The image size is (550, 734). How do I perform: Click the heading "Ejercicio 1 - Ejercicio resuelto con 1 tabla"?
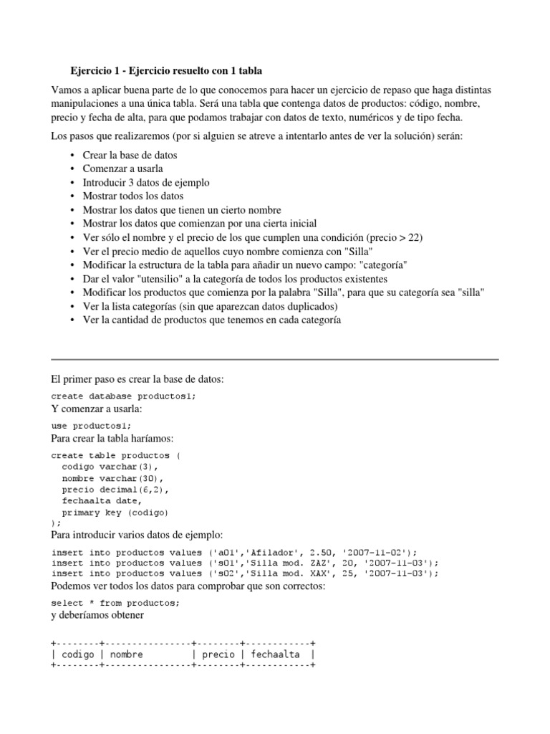click(171, 71)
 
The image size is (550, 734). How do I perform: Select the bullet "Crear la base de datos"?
click(130, 156)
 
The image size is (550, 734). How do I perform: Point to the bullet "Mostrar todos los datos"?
click(133, 196)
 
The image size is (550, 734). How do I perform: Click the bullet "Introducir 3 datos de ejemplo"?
click(146, 183)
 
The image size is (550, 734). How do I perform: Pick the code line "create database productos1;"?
click(123, 396)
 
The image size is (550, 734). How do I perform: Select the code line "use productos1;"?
click(92, 426)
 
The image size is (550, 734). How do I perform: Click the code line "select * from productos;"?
click(116, 603)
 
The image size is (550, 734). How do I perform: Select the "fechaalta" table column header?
click(276, 654)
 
